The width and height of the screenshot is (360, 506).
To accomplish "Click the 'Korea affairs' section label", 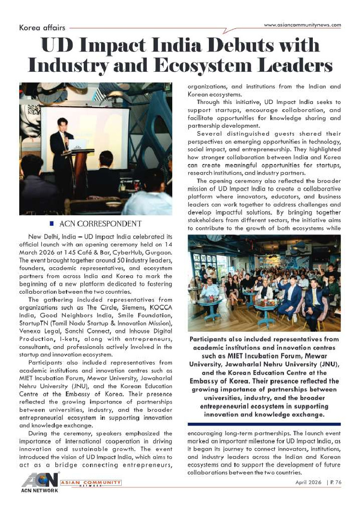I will pos(42,28).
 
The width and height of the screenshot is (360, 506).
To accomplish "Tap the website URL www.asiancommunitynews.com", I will pos(303,25).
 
